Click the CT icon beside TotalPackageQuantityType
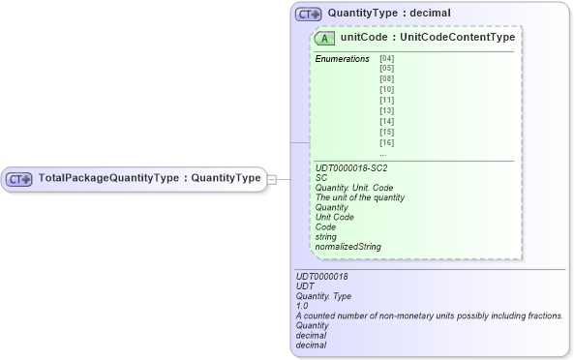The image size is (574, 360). (x=19, y=179)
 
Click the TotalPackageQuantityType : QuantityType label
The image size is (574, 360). (x=149, y=178)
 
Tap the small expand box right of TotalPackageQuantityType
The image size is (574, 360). (x=272, y=179)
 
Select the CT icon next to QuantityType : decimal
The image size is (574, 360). (x=309, y=15)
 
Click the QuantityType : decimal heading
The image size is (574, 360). (x=388, y=14)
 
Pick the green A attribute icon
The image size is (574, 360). (x=325, y=39)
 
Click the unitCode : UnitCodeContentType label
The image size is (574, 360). (x=427, y=38)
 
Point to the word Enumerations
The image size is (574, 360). (x=342, y=59)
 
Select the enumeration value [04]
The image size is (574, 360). (x=387, y=59)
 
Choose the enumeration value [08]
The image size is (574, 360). (x=387, y=79)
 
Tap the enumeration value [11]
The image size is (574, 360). (x=387, y=101)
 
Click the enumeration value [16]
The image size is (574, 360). (x=387, y=142)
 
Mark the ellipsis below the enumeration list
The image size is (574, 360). (x=383, y=153)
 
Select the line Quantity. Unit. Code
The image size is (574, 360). (x=354, y=188)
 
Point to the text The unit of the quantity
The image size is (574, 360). (x=359, y=197)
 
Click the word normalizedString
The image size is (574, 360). (x=347, y=247)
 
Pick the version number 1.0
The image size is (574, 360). (x=302, y=306)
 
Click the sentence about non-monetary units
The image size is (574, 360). (x=429, y=315)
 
